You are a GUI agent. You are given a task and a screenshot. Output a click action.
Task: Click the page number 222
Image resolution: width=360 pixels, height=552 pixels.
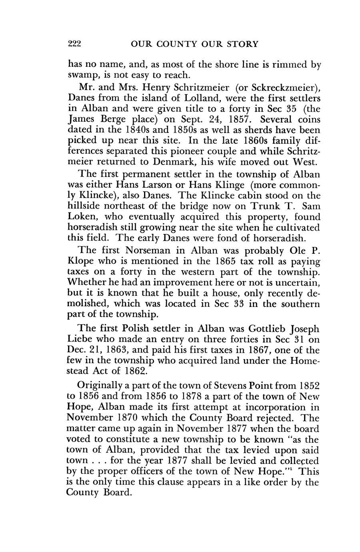coord(74,44)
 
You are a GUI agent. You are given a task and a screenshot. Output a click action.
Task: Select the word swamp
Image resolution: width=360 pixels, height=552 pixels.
coord(82,76)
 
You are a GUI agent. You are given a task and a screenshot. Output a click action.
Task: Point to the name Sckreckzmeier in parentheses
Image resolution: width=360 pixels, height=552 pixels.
coord(285,87)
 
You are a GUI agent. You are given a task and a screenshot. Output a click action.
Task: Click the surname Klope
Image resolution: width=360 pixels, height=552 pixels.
coord(82,261)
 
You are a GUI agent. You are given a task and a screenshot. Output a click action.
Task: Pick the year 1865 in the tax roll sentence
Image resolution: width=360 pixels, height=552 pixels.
coord(223,261)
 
